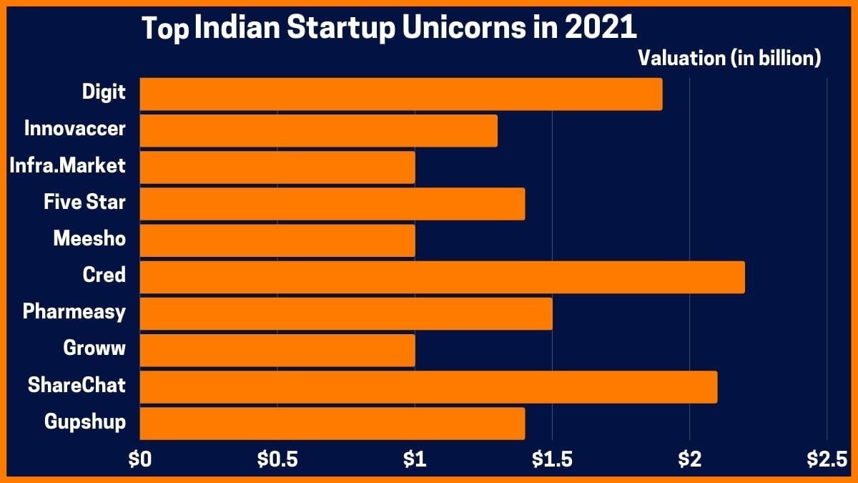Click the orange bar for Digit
tap(400, 94)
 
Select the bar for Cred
tap(442, 277)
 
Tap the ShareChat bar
tap(428, 386)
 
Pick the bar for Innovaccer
tap(318, 130)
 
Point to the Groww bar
tap(277, 350)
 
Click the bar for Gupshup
tap(332, 423)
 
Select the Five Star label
tap(84, 203)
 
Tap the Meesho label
tap(89, 239)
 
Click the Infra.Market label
tap(68, 166)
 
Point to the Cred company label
tap(104, 275)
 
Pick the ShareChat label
tap(77, 385)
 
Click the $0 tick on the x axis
tap(139, 460)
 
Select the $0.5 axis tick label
tap(277, 460)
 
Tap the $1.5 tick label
tap(553, 460)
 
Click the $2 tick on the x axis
tap(689, 460)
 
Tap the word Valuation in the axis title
tap(681, 59)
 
